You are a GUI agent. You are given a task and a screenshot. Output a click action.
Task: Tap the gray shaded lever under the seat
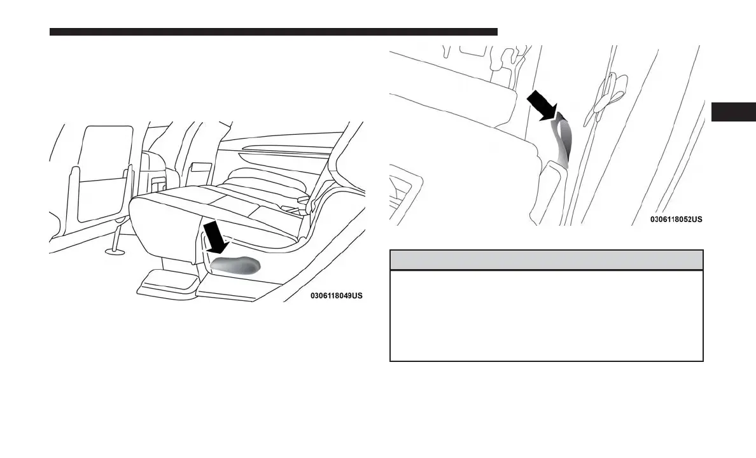(235, 265)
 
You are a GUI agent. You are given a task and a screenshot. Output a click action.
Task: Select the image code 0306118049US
(337, 296)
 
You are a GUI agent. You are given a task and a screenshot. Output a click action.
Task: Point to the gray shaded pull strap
(563, 139)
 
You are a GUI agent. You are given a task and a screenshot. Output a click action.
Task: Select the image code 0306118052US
(676, 219)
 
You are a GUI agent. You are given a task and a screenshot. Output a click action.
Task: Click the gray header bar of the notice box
(546, 260)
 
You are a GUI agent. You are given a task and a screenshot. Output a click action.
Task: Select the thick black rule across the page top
(274, 31)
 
